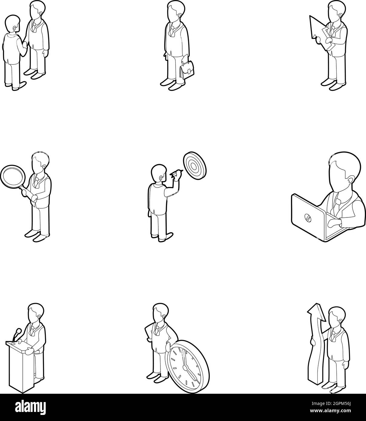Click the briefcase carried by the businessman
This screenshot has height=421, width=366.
[x=187, y=70]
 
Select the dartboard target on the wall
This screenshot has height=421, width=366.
[x=195, y=166]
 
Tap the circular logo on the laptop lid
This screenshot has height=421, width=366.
[x=308, y=218]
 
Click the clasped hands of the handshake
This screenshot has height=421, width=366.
[x=25, y=45]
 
